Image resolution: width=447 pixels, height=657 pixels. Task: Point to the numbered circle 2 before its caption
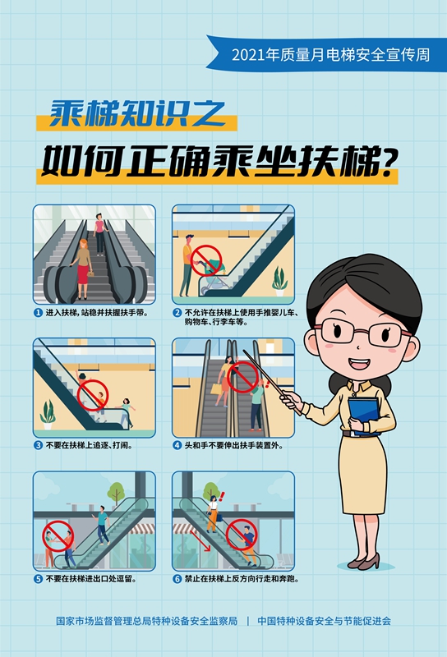tap(177, 313)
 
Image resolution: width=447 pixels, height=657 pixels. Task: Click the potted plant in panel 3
tap(48, 411)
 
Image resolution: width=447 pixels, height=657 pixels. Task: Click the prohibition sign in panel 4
tap(242, 379)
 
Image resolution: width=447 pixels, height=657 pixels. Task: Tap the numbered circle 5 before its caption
tap(38, 578)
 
